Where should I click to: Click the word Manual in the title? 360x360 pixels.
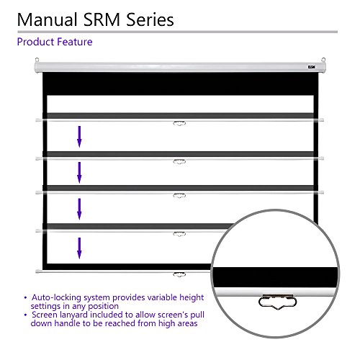pyautogui.click(x=48, y=19)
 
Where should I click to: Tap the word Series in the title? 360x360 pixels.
pyautogui.click(x=150, y=19)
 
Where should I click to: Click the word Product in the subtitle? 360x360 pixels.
pyautogui.click(x=35, y=42)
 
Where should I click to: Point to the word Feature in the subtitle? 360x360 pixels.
pyautogui.click(x=75, y=42)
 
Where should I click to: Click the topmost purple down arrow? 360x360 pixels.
pyautogui.click(x=79, y=137)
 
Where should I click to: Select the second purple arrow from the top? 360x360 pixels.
pyautogui.click(x=79, y=173)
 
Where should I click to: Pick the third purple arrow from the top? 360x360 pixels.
pyautogui.click(x=79, y=209)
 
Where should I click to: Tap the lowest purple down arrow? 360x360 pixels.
pyautogui.click(x=79, y=248)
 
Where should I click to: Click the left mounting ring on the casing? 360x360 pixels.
pyautogui.click(x=37, y=60)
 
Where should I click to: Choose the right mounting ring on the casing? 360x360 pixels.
pyautogui.click(x=323, y=60)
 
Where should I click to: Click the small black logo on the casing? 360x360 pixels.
pyautogui.click(x=312, y=67)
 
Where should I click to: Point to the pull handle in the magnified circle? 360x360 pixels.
pyautogui.click(x=278, y=302)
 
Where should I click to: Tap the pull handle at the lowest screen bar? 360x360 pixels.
pyautogui.click(x=179, y=274)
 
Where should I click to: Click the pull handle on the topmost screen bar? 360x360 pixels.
pyautogui.click(x=179, y=124)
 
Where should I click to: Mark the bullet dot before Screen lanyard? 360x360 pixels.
pyautogui.click(x=25, y=315)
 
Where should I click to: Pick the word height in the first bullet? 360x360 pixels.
pyautogui.click(x=192, y=298)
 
